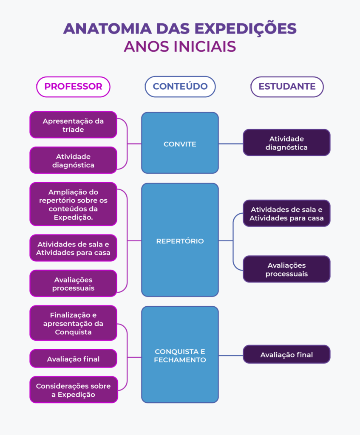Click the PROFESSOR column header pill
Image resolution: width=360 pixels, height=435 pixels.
coord(73,87)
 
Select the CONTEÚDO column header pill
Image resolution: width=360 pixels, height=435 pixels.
coord(180,87)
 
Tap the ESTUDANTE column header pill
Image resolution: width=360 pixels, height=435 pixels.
coord(287,87)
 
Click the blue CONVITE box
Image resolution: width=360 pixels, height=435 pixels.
coord(180,143)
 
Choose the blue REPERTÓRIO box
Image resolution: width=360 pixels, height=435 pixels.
coord(180,240)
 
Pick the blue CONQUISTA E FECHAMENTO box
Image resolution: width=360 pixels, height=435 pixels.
coord(180,355)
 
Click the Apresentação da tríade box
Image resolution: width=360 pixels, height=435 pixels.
coord(73,125)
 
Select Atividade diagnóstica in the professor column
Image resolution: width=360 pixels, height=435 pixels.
coord(73,160)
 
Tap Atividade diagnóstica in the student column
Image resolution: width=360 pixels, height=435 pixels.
coord(286,143)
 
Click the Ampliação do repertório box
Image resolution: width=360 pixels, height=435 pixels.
coord(73,204)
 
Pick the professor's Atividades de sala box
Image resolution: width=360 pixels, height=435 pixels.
coord(73,248)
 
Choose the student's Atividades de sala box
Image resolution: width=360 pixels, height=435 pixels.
coord(286,213)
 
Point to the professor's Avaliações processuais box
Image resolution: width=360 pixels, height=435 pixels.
coord(73,283)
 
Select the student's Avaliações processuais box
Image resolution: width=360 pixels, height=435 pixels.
coord(286,269)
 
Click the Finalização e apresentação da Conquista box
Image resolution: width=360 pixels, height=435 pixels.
coord(73,323)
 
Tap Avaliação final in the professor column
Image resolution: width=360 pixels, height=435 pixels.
coord(73,359)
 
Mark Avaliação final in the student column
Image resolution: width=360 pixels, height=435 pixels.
coord(286,354)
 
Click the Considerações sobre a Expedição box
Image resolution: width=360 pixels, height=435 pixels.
coord(73,390)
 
